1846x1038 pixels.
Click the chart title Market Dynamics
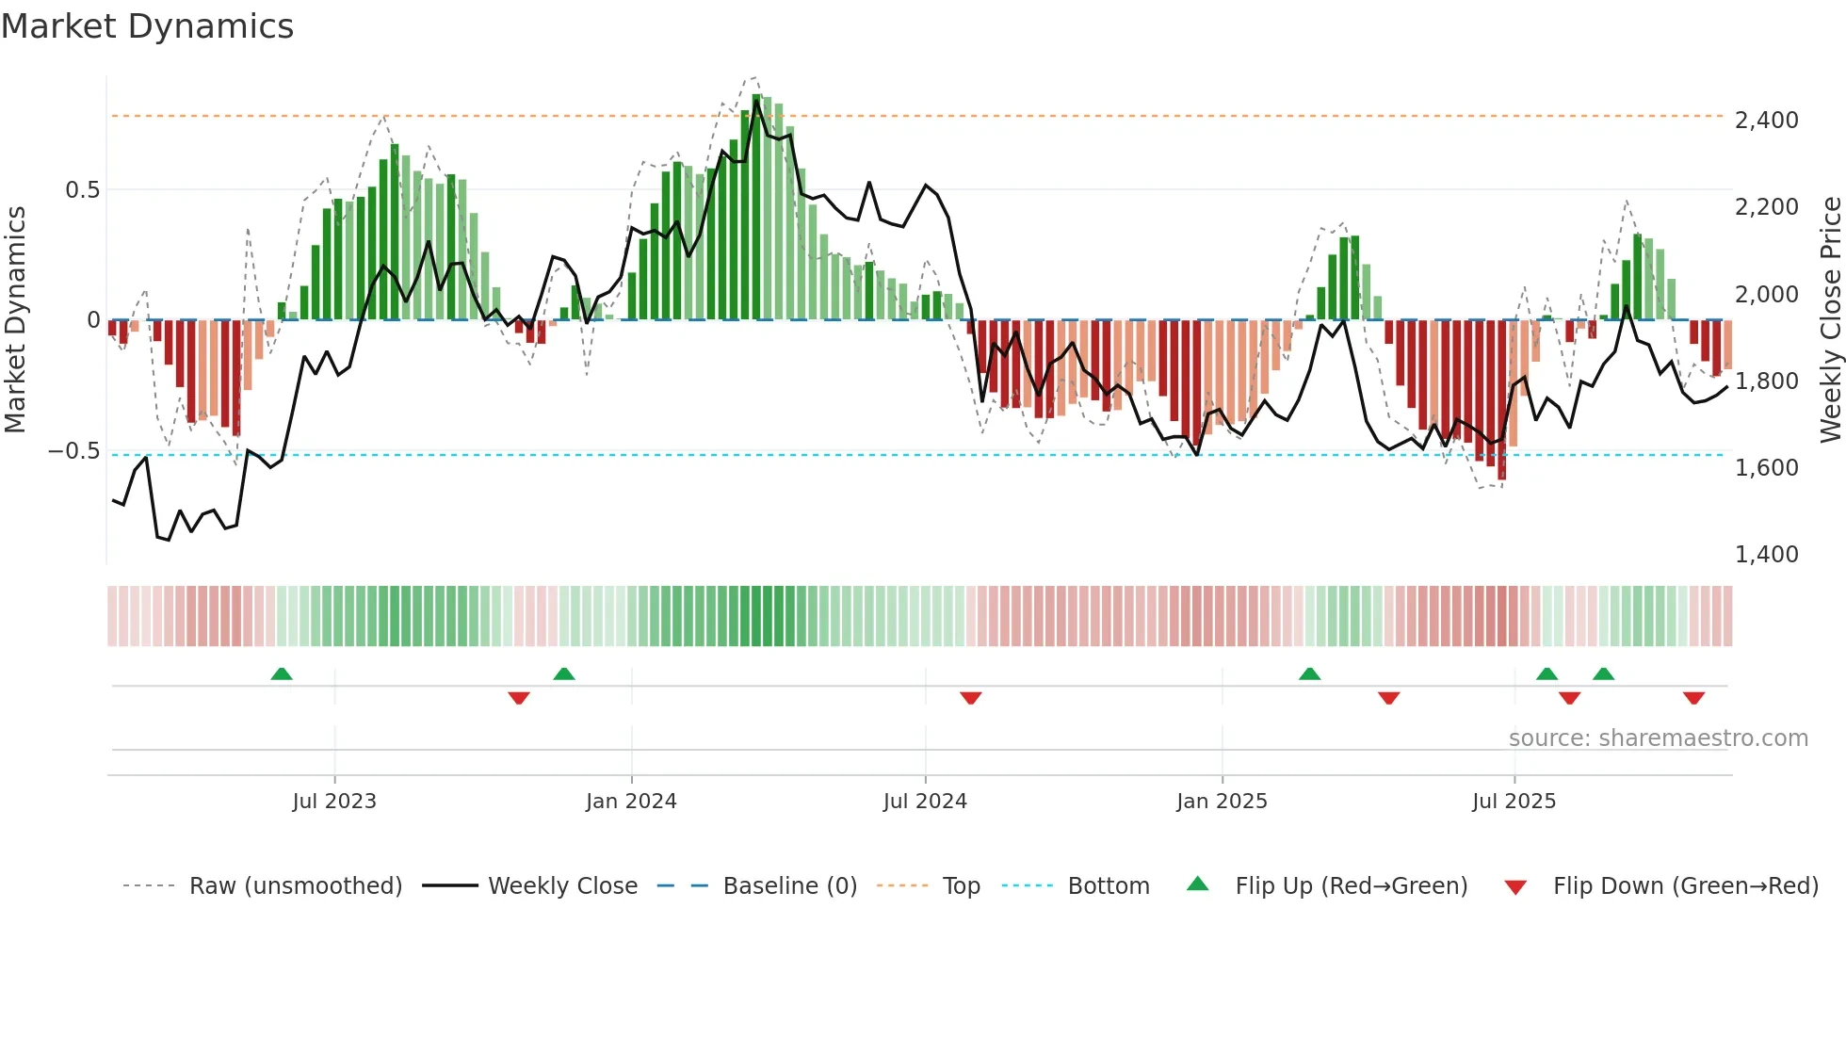coord(147,26)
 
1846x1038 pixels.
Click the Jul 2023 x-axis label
coord(333,802)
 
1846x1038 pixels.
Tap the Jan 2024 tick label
coord(631,802)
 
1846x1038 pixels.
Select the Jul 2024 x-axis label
coord(925,802)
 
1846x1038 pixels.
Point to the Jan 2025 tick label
coord(1222,802)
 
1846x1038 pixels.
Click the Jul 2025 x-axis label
coord(1514,802)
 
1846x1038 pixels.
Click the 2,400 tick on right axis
coord(1766,121)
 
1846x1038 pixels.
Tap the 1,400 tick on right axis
coord(1766,555)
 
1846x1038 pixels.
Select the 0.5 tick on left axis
coord(82,190)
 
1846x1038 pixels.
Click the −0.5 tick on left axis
coord(74,451)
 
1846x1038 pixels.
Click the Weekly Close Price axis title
coord(1830,320)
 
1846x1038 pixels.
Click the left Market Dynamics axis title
coord(15,320)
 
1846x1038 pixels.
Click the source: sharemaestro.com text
coord(1658,738)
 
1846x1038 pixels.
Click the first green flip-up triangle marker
coord(282,673)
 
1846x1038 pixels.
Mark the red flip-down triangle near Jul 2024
coord(971,698)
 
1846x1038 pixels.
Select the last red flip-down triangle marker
coord(1693,698)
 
